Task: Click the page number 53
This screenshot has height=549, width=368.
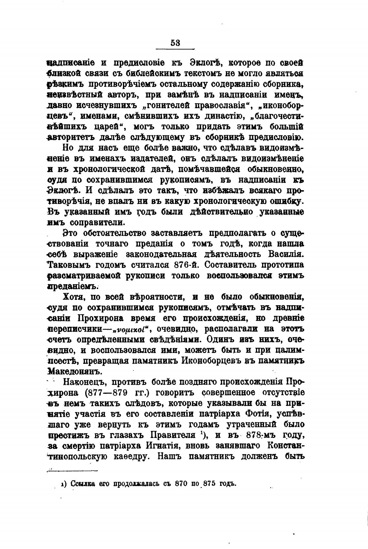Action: [175, 43]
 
